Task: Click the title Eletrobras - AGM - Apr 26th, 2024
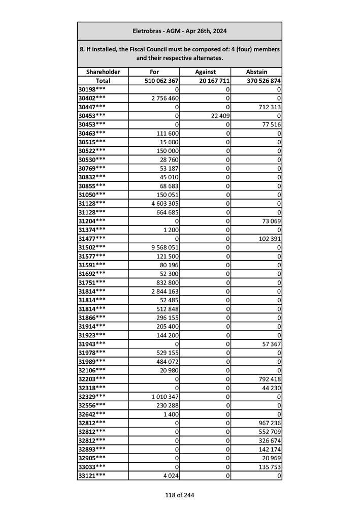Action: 179,31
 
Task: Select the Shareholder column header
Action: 103,72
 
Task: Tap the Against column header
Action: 205,72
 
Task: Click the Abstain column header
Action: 256,72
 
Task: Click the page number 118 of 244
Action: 179,495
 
